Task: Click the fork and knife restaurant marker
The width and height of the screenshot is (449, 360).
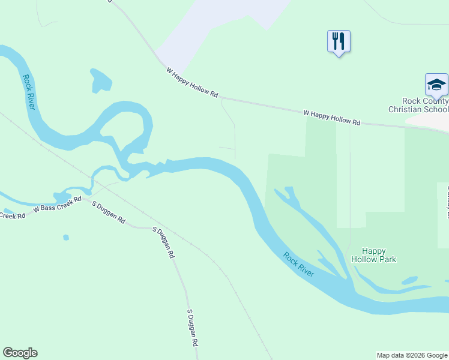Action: [339, 41]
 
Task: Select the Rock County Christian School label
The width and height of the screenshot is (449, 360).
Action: [418, 106]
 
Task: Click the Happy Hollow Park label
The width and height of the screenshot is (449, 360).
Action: [379, 255]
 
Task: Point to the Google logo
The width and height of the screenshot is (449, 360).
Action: [20, 353]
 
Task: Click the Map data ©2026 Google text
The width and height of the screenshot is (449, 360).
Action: [412, 355]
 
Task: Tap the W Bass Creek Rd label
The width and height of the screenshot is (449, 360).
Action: [57, 204]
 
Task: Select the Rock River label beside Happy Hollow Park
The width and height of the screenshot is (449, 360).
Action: [299, 265]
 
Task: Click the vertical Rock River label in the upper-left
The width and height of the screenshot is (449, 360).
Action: [28, 92]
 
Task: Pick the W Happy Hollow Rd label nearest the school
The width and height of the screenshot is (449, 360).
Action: [331, 118]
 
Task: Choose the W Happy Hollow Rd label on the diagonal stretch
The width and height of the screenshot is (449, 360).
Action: [192, 83]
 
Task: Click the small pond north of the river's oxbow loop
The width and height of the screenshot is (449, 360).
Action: [100, 80]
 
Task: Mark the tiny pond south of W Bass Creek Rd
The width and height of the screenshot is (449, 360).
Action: [66, 237]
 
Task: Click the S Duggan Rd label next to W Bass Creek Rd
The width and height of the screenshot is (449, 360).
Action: [108, 213]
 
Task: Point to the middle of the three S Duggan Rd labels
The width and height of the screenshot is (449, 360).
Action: [163, 242]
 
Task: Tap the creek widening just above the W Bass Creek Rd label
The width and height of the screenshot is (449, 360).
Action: [62, 197]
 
